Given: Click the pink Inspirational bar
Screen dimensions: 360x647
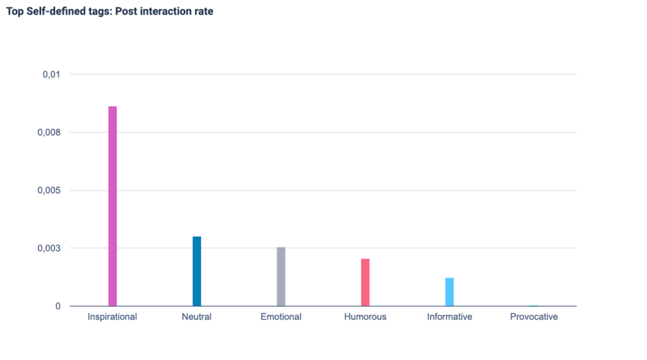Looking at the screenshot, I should (x=112, y=206).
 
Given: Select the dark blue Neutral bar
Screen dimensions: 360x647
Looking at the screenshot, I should (x=197, y=271).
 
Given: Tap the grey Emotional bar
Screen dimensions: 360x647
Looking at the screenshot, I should (x=281, y=276).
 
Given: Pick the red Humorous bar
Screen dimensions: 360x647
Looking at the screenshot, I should (x=365, y=282).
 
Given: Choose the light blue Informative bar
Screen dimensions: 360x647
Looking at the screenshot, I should (x=449, y=292).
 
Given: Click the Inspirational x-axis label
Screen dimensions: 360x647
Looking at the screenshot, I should (x=112, y=316).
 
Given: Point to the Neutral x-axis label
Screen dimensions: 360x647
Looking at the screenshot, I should (x=197, y=316).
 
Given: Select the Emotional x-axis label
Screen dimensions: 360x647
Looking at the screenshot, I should (x=281, y=316).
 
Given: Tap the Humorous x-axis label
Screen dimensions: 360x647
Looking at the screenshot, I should (x=365, y=316).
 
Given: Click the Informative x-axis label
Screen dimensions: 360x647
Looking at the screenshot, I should (x=449, y=316).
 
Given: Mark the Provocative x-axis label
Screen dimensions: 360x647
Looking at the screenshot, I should (x=534, y=316).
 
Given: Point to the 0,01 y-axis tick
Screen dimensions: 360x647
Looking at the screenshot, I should (x=51, y=75).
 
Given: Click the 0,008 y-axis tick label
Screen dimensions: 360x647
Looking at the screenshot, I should (x=49, y=133).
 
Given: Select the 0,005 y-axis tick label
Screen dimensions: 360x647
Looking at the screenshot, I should (x=49, y=190).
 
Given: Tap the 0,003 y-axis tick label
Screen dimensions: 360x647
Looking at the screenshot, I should (x=49, y=248).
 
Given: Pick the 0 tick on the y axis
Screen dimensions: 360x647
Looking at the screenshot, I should (x=58, y=306).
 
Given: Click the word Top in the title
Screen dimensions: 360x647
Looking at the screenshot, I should (x=14, y=11).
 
